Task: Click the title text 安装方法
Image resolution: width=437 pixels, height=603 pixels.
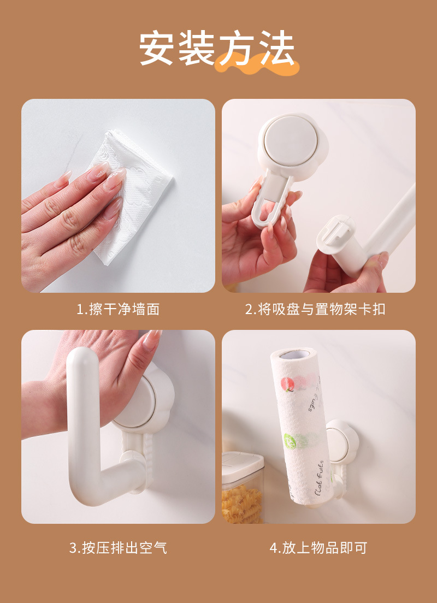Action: (x=217, y=49)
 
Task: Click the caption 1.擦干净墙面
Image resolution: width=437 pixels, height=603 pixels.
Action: (x=117, y=309)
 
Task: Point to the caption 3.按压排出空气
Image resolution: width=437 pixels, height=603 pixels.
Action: (x=117, y=548)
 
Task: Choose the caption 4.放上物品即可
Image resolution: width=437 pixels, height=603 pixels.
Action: (x=318, y=548)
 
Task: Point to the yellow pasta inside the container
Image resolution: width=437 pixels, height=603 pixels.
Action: (x=240, y=505)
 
